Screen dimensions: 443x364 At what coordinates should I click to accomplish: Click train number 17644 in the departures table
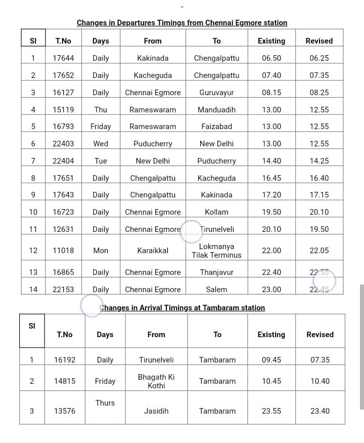(x=63, y=58)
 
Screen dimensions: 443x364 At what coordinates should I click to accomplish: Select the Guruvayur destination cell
(x=216, y=93)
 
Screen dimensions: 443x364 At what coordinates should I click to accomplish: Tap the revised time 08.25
(x=319, y=93)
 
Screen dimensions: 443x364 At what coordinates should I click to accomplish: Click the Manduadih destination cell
(x=216, y=109)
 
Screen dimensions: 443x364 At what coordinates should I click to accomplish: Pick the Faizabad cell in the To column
(x=216, y=127)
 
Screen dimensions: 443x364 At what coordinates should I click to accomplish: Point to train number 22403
(x=63, y=144)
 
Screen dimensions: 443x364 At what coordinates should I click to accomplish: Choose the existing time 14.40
(x=271, y=161)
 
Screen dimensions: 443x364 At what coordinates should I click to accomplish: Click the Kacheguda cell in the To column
(x=216, y=178)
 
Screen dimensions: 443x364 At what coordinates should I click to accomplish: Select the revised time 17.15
(x=319, y=195)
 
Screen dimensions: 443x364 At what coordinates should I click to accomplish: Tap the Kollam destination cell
(x=216, y=212)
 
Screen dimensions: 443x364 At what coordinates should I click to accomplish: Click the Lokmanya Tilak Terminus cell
(x=216, y=251)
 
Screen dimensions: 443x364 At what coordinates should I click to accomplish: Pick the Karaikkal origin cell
(x=153, y=251)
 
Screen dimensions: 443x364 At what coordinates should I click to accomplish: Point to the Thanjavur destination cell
(x=216, y=272)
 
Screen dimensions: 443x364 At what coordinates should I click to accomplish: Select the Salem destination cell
(x=216, y=290)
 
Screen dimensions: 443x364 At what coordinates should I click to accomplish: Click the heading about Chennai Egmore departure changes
(x=182, y=23)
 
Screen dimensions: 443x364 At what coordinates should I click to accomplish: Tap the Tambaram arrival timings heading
(x=182, y=308)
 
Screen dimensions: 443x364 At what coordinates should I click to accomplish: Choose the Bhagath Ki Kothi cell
(x=156, y=381)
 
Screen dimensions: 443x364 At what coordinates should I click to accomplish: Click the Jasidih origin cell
(x=156, y=411)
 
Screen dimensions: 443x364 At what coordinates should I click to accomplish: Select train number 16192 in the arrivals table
(x=65, y=360)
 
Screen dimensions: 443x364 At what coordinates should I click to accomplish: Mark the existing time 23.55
(x=271, y=411)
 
